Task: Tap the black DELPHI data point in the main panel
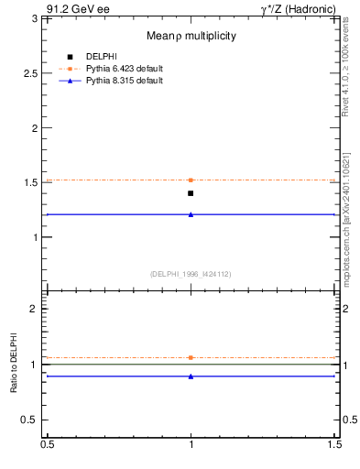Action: pos(191,193)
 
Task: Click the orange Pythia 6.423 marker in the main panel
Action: pos(191,180)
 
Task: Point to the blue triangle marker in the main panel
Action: pos(191,214)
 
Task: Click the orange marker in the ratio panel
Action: pos(191,357)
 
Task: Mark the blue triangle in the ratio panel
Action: pos(191,376)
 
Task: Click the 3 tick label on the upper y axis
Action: pos(35,19)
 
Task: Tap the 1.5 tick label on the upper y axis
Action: pos(31,182)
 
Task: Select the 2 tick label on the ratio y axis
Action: pos(35,309)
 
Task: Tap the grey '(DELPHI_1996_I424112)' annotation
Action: pos(191,274)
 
